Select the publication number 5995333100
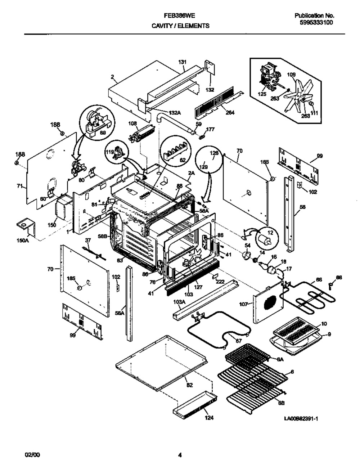point(316,22)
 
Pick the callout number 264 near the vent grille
point(230,112)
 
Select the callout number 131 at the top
point(182,62)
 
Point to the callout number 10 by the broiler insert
point(324,324)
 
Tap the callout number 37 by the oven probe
point(87,240)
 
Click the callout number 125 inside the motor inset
point(262,94)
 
